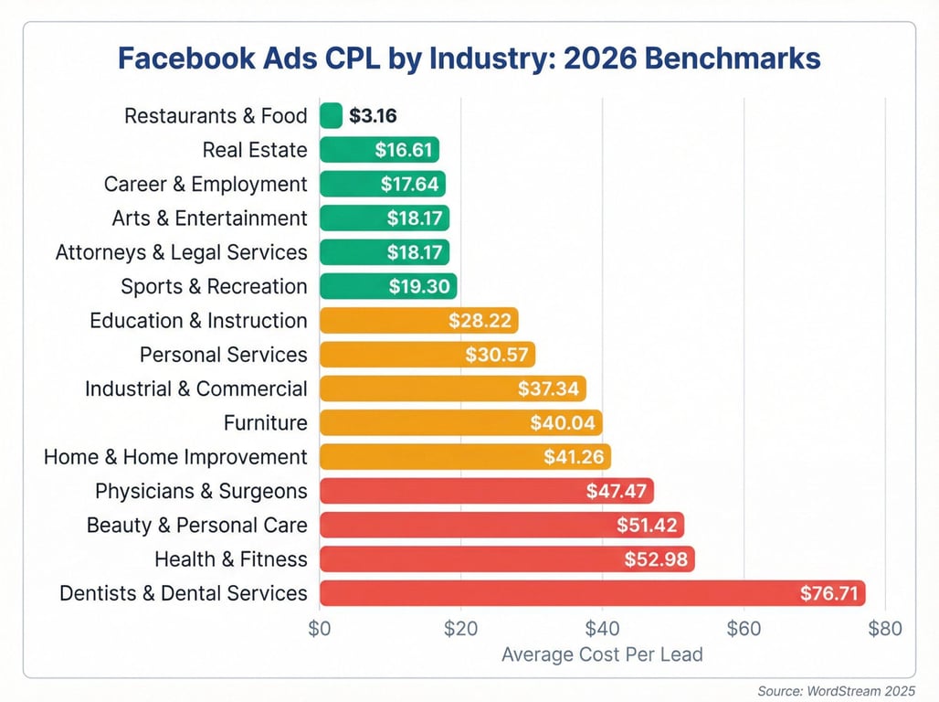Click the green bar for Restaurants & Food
point(331,116)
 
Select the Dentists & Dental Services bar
point(592,593)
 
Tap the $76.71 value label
point(829,593)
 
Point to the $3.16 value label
point(372,116)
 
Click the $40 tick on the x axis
point(602,629)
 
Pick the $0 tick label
point(319,629)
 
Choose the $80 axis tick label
point(885,629)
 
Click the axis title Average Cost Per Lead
point(602,654)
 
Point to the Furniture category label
point(265,423)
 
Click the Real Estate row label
point(255,150)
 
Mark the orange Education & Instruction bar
point(418,321)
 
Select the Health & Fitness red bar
point(507,559)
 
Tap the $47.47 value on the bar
point(617,491)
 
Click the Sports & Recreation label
point(214,287)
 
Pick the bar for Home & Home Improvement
point(465,457)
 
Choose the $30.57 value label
point(495,355)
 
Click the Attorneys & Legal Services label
point(182,252)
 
